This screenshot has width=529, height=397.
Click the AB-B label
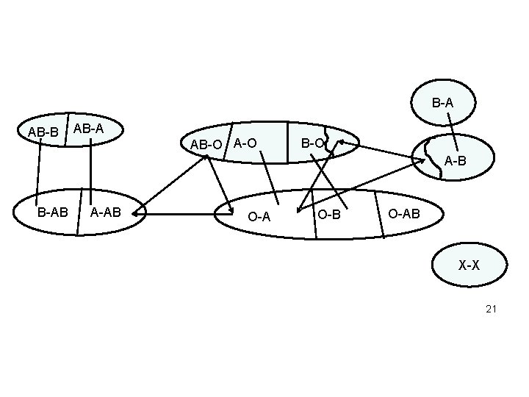pyautogui.click(x=43, y=132)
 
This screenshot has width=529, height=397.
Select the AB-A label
pyautogui.click(x=88, y=129)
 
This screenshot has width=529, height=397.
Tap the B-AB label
pyautogui.click(x=53, y=212)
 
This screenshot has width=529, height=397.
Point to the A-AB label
pyautogui.click(x=106, y=212)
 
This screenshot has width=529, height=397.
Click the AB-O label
pyautogui.click(x=206, y=145)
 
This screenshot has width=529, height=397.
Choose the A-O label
pyautogui.click(x=245, y=143)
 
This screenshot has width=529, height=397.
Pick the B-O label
pyautogui.click(x=313, y=143)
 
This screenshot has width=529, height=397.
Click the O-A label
pyautogui.click(x=259, y=217)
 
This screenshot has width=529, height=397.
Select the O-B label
pyautogui.click(x=329, y=215)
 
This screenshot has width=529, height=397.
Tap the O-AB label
pyautogui.click(x=404, y=214)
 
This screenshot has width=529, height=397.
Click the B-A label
pyautogui.click(x=442, y=103)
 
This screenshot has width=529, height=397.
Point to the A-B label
pyautogui.click(x=455, y=161)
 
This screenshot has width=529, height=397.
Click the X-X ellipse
pyautogui.click(x=469, y=265)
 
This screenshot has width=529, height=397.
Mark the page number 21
pyautogui.click(x=491, y=309)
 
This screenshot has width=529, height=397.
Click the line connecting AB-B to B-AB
pyautogui.click(x=38, y=172)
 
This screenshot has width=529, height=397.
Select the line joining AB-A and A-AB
pyautogui.click(x=91, y=171)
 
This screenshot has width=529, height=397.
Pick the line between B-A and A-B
pyautogui.click(x=453, y=132)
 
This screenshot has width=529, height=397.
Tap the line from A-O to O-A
pyautogui.click(x=269, y=178)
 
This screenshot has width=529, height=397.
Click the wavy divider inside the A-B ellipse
pyautogui.click(x=433, y=159)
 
